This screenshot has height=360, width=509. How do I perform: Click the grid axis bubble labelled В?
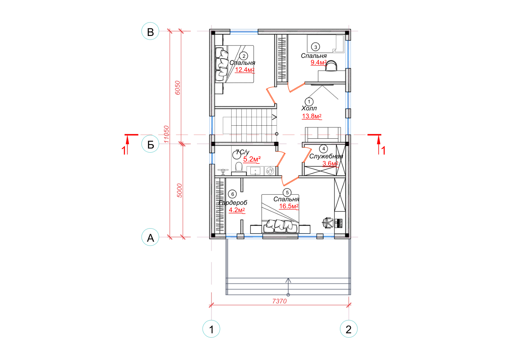[x=150, y=31]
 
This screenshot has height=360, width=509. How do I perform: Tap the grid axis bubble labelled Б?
[x=150, y=144]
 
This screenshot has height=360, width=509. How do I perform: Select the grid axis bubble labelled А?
[x=150, y=237]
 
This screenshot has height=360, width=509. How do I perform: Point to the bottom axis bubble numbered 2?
[x=349, y=329]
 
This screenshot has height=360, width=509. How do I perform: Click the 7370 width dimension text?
[x=279, y=301]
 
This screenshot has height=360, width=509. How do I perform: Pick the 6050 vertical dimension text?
[x=178, y=88]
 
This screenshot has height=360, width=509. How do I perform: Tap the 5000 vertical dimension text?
[x=179, y=190]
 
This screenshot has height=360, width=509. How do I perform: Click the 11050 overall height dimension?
[x=167, y=134]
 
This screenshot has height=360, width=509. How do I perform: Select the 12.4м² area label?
[x=245, y=70]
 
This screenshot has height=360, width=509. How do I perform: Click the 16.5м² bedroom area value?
[x=289, y=206]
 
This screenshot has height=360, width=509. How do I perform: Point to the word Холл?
[x=309, y=108]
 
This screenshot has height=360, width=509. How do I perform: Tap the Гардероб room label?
[x=233, y=203]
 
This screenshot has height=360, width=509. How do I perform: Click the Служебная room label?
[x=326, y=156]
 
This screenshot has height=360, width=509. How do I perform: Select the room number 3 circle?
[x=315, y=47]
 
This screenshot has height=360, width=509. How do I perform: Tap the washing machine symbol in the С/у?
[x=270, y=170]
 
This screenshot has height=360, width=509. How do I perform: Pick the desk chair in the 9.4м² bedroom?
[x=331, y=66]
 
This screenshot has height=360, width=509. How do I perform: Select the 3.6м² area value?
[x=331, y=163]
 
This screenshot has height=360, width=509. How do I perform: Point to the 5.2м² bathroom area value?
[x=252, y=159]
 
